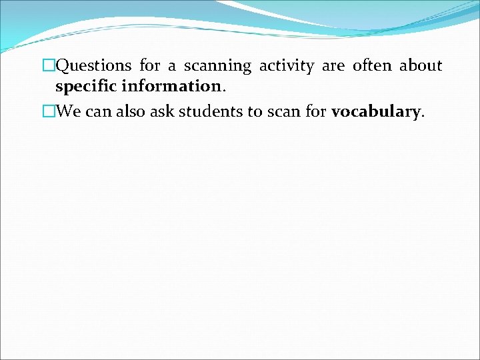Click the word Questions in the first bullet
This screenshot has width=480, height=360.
94,66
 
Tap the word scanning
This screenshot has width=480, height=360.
217,66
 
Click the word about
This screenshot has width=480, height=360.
421,65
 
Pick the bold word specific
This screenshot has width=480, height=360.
87,87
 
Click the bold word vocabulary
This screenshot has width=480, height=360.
376,111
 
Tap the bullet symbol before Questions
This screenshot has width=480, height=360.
47,66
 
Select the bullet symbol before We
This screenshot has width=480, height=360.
47,111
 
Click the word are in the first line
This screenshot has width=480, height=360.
331,66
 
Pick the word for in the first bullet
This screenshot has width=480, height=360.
150,65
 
